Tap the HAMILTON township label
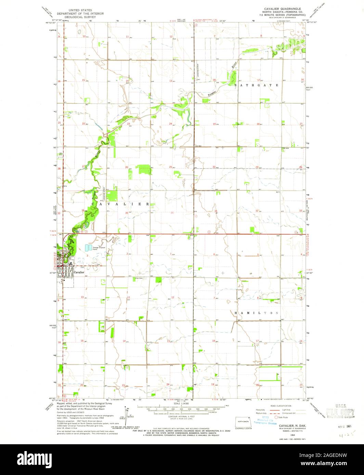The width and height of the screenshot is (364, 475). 257,313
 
